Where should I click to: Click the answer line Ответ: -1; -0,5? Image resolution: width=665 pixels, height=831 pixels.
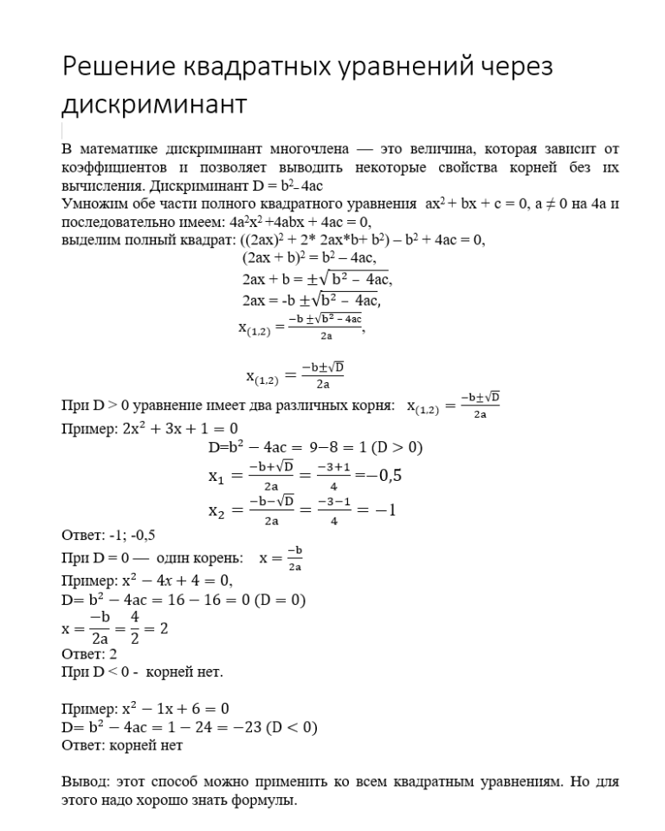click(109, 534)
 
